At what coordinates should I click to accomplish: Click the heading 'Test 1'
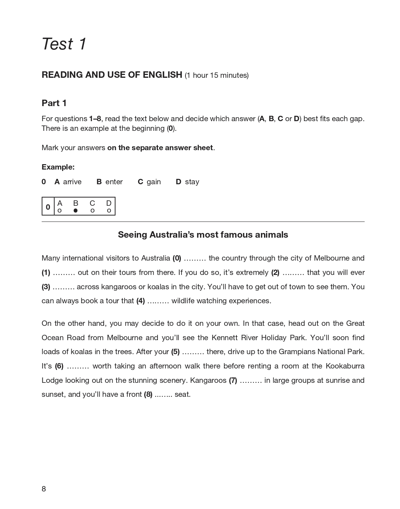(64, 44)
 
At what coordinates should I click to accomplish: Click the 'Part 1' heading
(54, 103)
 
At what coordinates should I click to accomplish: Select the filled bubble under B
(75, 211)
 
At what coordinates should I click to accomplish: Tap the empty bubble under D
(109, 211)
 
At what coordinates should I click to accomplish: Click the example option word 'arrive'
(72, 182)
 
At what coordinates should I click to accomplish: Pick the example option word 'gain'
(154, 182)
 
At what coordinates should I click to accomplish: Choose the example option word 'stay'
(192, 182)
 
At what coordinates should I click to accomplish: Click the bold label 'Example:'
(58, 167)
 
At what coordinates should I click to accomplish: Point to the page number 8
(44, 489)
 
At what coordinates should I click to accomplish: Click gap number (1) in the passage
(46, 273)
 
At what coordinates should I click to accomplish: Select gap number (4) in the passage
(141, 301)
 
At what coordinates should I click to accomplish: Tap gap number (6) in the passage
(59, 366)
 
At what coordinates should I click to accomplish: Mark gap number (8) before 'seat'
(148, 395)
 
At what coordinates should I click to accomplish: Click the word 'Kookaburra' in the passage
(345, 366)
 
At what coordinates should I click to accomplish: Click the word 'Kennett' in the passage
(224, 338)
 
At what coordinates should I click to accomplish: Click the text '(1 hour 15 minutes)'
(217, 75)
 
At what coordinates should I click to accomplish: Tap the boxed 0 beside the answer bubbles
(48, 207)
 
